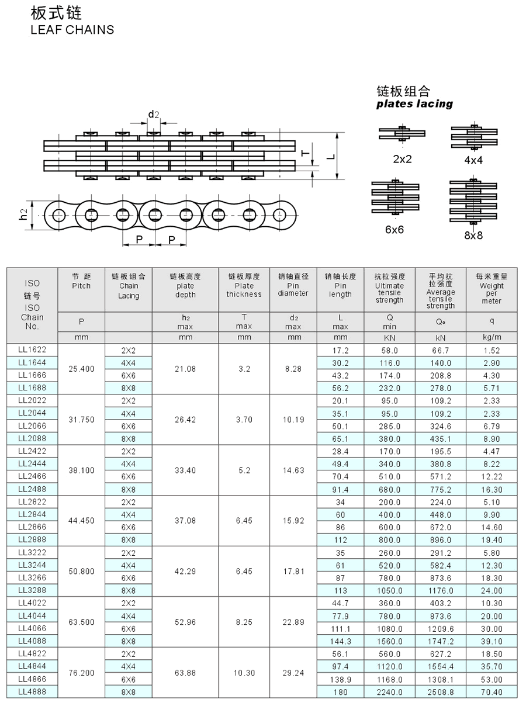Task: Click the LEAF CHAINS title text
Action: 72,30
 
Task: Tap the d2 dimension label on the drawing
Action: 153,114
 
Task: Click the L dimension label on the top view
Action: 330,156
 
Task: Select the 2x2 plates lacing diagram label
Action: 402,158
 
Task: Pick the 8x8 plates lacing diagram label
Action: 473,236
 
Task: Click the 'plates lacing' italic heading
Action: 414,104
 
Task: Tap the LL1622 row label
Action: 32,350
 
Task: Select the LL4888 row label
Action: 32,691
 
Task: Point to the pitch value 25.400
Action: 81,369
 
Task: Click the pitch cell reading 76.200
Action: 81,673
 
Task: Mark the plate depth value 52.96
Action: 185,622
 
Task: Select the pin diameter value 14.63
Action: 293,470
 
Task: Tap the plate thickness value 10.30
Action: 244,673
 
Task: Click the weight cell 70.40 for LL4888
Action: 492,692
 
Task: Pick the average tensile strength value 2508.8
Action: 440,692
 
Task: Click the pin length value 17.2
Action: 340,351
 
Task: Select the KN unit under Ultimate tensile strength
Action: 389,337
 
